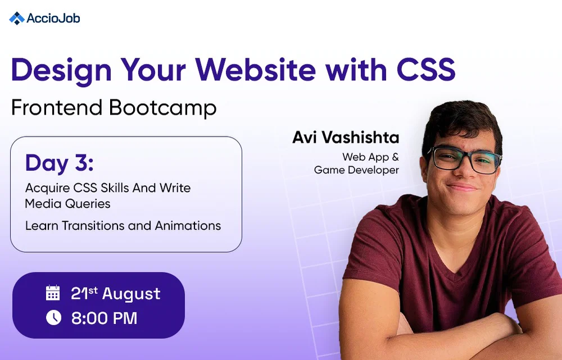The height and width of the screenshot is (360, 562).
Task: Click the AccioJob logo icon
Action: pos(17,18)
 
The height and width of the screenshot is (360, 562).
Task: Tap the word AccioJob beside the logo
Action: pos(53,18)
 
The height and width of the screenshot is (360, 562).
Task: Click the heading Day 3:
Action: pos(59,163)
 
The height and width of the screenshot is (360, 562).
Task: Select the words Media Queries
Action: pos(67,203)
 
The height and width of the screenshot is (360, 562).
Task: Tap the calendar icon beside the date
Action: pos(53,293)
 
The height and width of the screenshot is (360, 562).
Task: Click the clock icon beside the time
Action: pos(53,318)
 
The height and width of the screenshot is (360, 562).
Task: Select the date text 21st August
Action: pos(115,293)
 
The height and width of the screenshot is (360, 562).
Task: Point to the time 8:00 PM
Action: pos(104,318)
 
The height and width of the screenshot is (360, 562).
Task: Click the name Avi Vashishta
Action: pos(345,138)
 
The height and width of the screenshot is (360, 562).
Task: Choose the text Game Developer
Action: pos(356,170)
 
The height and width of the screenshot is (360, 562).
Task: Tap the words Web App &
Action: pos(370,157)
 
